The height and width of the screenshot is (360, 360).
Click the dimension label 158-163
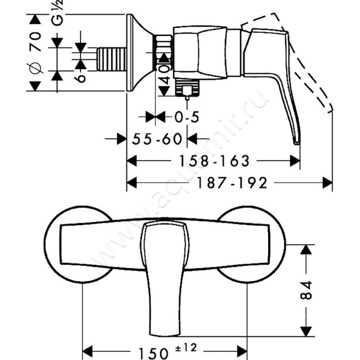[x=214, y=161]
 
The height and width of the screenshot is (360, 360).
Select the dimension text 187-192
[x=232, y=183]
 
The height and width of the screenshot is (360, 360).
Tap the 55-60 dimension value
[x=157, y=139]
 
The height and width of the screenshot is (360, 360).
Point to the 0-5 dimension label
[x=187, y=117]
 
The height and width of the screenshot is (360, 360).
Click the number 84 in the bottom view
[x=306, y=290]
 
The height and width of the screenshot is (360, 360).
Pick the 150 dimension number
[x=153, y=353]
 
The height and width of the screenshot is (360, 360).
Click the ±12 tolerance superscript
[x=186, y=348]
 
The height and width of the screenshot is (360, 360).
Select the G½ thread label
[x=57, y=13]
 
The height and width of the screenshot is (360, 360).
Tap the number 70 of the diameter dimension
[x=35, y=42]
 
